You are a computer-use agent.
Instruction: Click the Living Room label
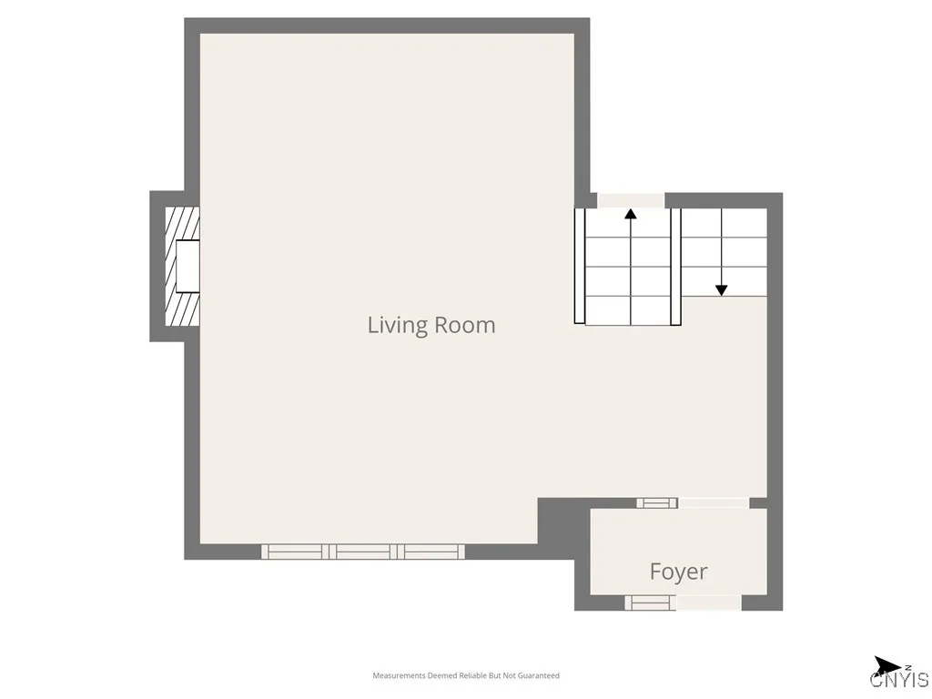[x=431, y=325]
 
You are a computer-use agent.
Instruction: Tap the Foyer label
[x=678, y=572]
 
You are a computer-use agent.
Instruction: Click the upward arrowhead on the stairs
[x=630, y=215]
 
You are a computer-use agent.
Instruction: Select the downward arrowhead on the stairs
[x=721, y=289]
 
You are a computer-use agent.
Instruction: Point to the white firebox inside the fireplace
[x=187, y=266]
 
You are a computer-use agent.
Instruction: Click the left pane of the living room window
[x=296, y=552]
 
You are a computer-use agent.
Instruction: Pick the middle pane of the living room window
[x=363, y=552]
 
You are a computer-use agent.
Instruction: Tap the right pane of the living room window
[x=431, y=552]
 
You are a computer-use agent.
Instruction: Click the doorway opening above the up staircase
[x=630, y=200]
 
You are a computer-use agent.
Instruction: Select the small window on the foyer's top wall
[x=656, y=502]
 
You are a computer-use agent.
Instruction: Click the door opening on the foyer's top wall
[x=714, y=502]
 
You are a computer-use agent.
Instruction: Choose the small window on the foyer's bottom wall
[x=650, y=603]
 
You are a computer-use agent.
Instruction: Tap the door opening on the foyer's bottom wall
[x=709, y=603]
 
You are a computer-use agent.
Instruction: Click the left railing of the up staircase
[x=579, y=266]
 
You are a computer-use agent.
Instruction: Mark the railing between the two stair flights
[x=675, y=266]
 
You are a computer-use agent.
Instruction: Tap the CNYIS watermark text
[x=899, y=680]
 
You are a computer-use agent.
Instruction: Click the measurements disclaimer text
[x=466, y=675]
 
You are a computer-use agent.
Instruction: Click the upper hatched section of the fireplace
[x=181, y=222]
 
